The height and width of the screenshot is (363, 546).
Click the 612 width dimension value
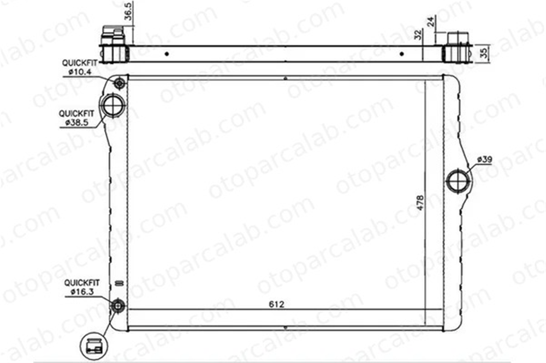coord(276,304)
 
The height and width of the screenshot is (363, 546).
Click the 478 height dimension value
coord(420,202)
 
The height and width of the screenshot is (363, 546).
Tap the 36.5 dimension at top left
coord(128,11)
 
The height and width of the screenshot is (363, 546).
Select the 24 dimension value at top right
coord(431,22)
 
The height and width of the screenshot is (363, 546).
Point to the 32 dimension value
coord(418,35)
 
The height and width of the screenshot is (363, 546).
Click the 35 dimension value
coord(483,53)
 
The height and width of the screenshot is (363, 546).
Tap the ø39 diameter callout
coord(484,159)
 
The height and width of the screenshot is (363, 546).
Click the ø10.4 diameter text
coord(80,72)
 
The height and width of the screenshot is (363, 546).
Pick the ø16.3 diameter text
coord(82,292)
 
